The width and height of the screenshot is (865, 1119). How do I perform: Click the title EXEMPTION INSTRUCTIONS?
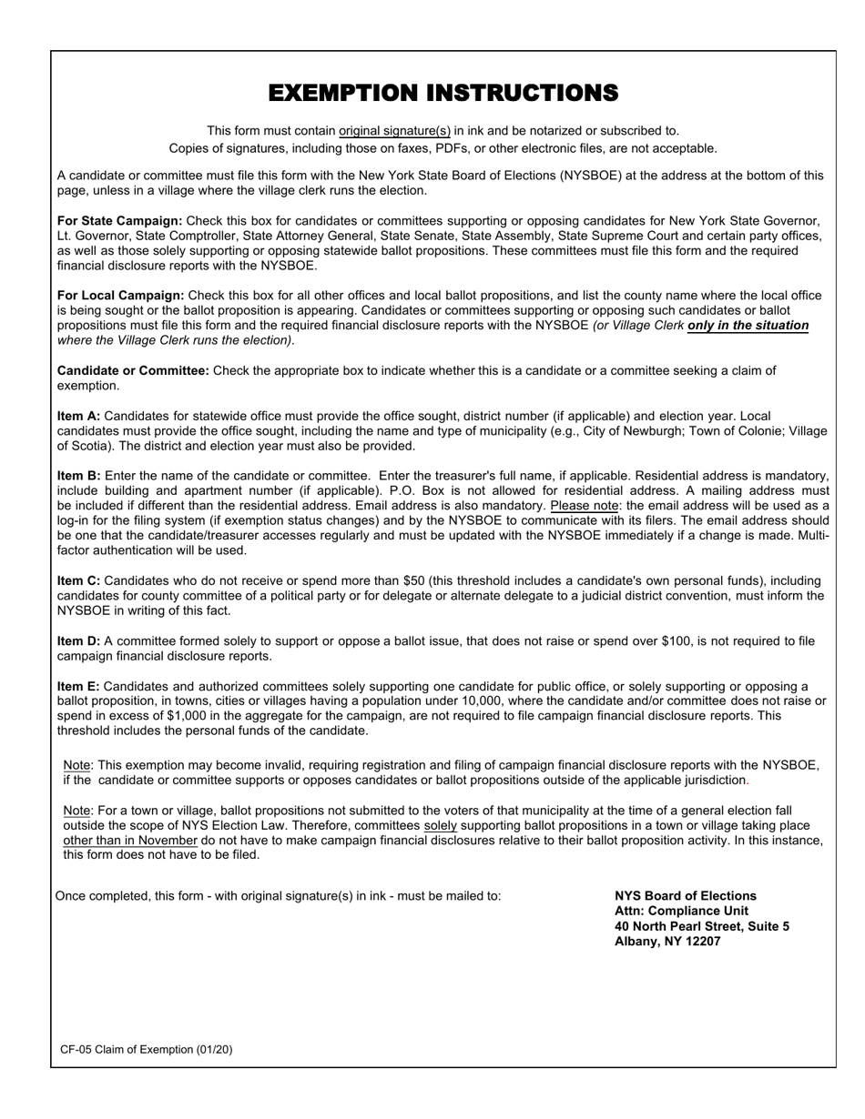(x=443, y=93)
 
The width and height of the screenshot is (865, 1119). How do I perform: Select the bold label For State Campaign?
(x=119, y=221)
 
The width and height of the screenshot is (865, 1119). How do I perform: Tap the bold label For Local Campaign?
(x=120, y=296)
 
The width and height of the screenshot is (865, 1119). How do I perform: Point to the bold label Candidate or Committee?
(x=133, y=370)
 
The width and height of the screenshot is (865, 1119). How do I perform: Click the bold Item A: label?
(x=78, y=416)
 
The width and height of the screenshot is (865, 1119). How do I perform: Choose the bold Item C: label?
(x=78, y=580)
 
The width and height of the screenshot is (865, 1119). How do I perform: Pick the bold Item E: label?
(x=78, y=686)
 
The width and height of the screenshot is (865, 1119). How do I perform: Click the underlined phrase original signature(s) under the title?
(x=394, y=131)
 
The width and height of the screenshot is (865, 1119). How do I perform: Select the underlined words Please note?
(x=585, y=505)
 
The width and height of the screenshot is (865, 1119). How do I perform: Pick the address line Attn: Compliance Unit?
(x=681, y=911)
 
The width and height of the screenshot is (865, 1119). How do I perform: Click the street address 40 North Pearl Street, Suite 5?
(x=702, y=926)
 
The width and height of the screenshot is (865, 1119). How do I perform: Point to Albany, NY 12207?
(x=667, y=942)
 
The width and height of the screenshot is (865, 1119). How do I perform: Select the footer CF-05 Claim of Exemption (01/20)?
(x=147, y=1049)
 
